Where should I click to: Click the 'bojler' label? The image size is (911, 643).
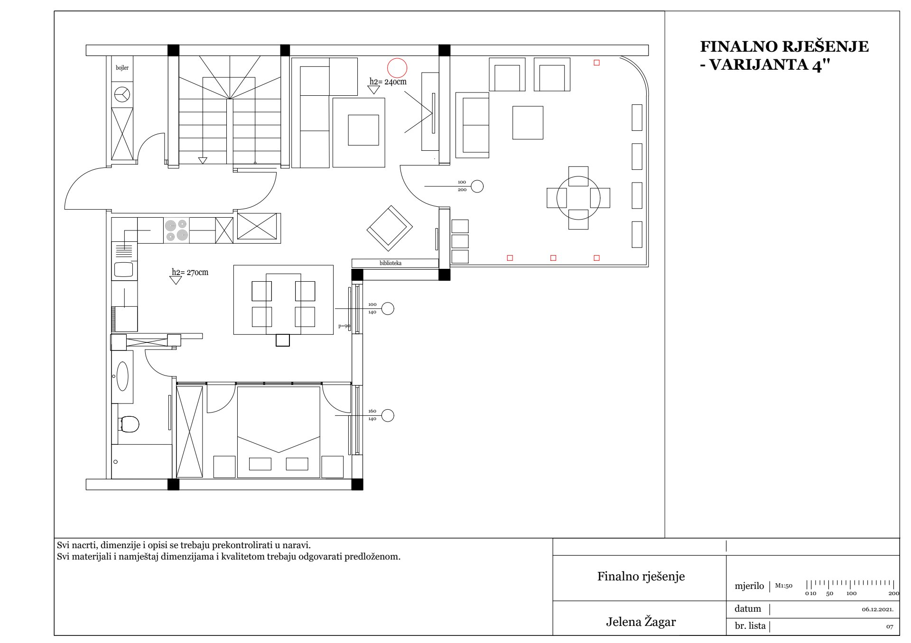point(122,68)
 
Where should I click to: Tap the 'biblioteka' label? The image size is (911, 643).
point(390,263)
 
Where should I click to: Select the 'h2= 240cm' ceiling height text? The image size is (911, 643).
point(388,82)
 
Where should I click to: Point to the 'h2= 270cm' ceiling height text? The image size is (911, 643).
point(190,272)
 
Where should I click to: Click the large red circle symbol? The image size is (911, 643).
point(397,68)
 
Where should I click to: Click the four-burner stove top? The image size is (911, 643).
point(177,230)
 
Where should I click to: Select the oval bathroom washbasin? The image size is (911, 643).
point(122,377)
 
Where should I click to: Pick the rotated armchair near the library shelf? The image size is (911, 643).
point(390,228)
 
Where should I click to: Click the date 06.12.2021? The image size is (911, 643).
point(877,609)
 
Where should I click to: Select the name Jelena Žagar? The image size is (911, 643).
point(641,622)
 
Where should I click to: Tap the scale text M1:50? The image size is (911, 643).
point(783,586)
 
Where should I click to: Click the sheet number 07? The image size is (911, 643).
point(889,627)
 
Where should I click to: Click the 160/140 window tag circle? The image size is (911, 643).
point(388,415)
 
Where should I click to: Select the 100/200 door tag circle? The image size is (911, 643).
point(477,186)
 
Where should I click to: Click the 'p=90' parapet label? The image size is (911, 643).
point(344,326)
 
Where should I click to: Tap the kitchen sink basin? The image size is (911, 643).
point(124,269)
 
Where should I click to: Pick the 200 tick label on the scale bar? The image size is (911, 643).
point(894,593)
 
